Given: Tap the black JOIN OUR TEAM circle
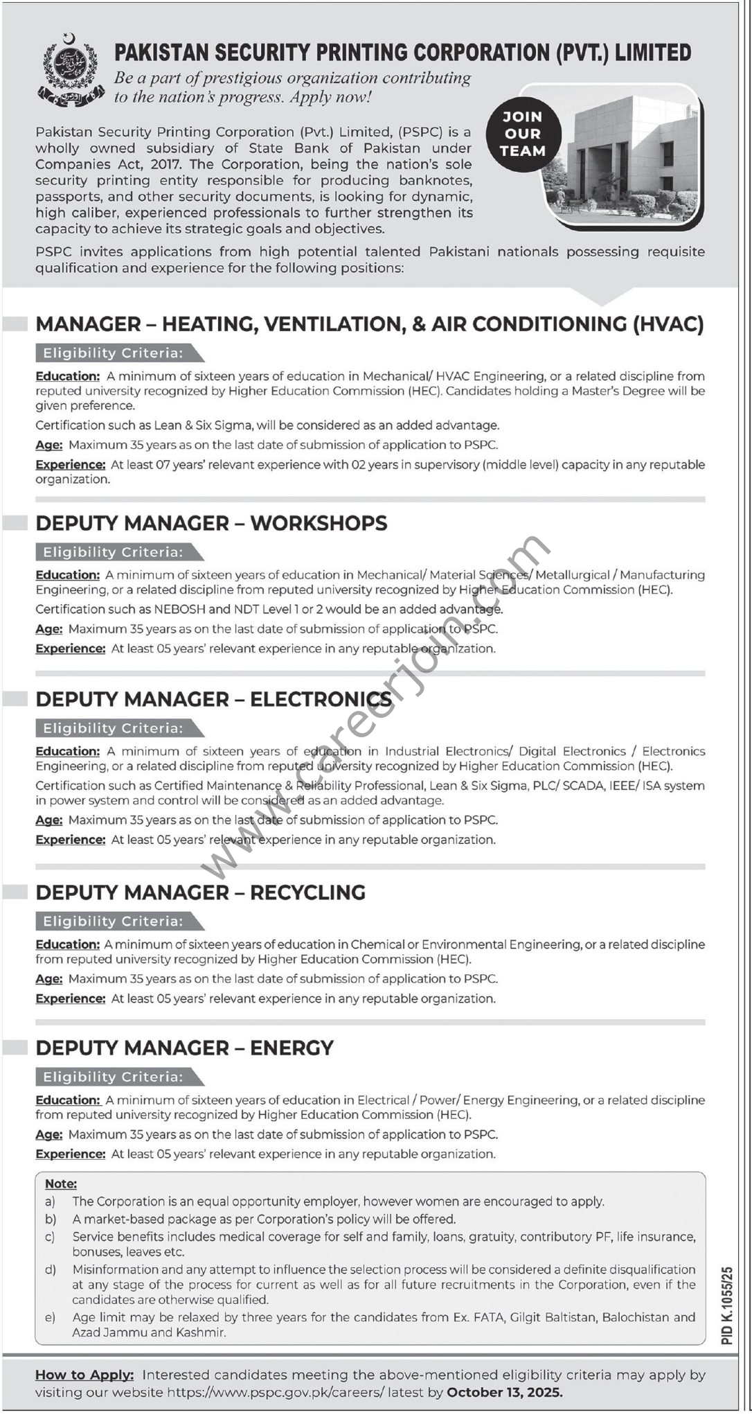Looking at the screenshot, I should click(523, 134).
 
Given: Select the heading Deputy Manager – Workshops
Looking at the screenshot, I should click(211, 523).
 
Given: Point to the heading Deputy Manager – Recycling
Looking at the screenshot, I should click(200, 892).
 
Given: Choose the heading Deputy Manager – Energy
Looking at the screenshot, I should click(184, 1048).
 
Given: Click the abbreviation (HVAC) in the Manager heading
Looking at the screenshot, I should click(668, 324).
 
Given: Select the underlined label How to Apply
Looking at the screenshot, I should click(84, 1375).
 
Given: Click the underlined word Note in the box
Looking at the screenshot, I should click(61, 1184).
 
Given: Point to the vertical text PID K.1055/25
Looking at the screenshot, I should click(726, 1306).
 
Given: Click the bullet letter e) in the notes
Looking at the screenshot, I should click(51, 1317).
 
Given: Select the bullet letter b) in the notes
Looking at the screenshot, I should click(51, 1219).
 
